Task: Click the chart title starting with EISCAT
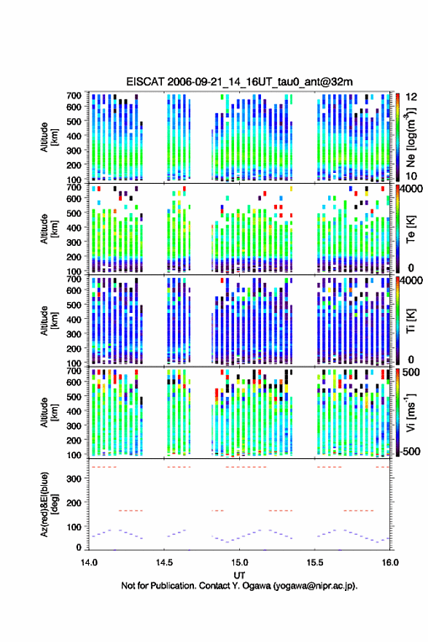[x=239, y=82]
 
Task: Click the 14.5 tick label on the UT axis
[x=164, y=562]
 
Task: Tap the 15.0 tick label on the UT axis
[x=239, y=562]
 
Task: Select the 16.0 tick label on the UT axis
[x=390, y=562]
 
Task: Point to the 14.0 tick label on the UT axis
[x=89, y=562]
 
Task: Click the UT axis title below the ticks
[x=239, y=575]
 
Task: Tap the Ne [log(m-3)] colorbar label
[x=411, y=138]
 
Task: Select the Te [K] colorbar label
[x=411, y=229]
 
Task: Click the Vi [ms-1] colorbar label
[x=411, y=412]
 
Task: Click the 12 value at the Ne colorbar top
[x=411, y=97]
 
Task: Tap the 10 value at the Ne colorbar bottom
[x=411, y=176]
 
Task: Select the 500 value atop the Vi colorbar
[x=411, y=372]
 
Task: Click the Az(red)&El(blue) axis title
[x=49, y=504]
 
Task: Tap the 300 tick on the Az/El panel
[x=74, y=479]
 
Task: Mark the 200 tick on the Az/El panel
[x=74, y=503]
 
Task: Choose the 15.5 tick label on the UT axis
[x=315, y=562]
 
